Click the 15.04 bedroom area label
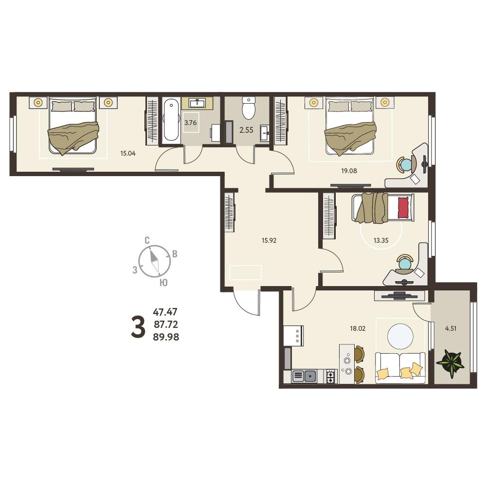tap(128, 153)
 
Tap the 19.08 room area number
tap(349, 170)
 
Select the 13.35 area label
tap(381, 240)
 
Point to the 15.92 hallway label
tap(269, 240)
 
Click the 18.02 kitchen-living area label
tap(358, 328)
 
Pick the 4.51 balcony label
tap(451, 328)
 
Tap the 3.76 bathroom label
tap(190, 123)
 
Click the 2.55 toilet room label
tap(246, 130)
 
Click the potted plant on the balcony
tap(451, 363)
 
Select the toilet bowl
tap(249, 108)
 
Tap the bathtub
tap(171, 120)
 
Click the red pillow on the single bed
tap(403, 208)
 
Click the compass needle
tap(155, 261)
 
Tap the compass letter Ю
tap(163, 282)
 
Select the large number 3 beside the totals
tap(138, 326)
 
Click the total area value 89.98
tap(166, 337)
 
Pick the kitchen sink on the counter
tap(310, 376)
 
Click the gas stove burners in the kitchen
tap(331, 376)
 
